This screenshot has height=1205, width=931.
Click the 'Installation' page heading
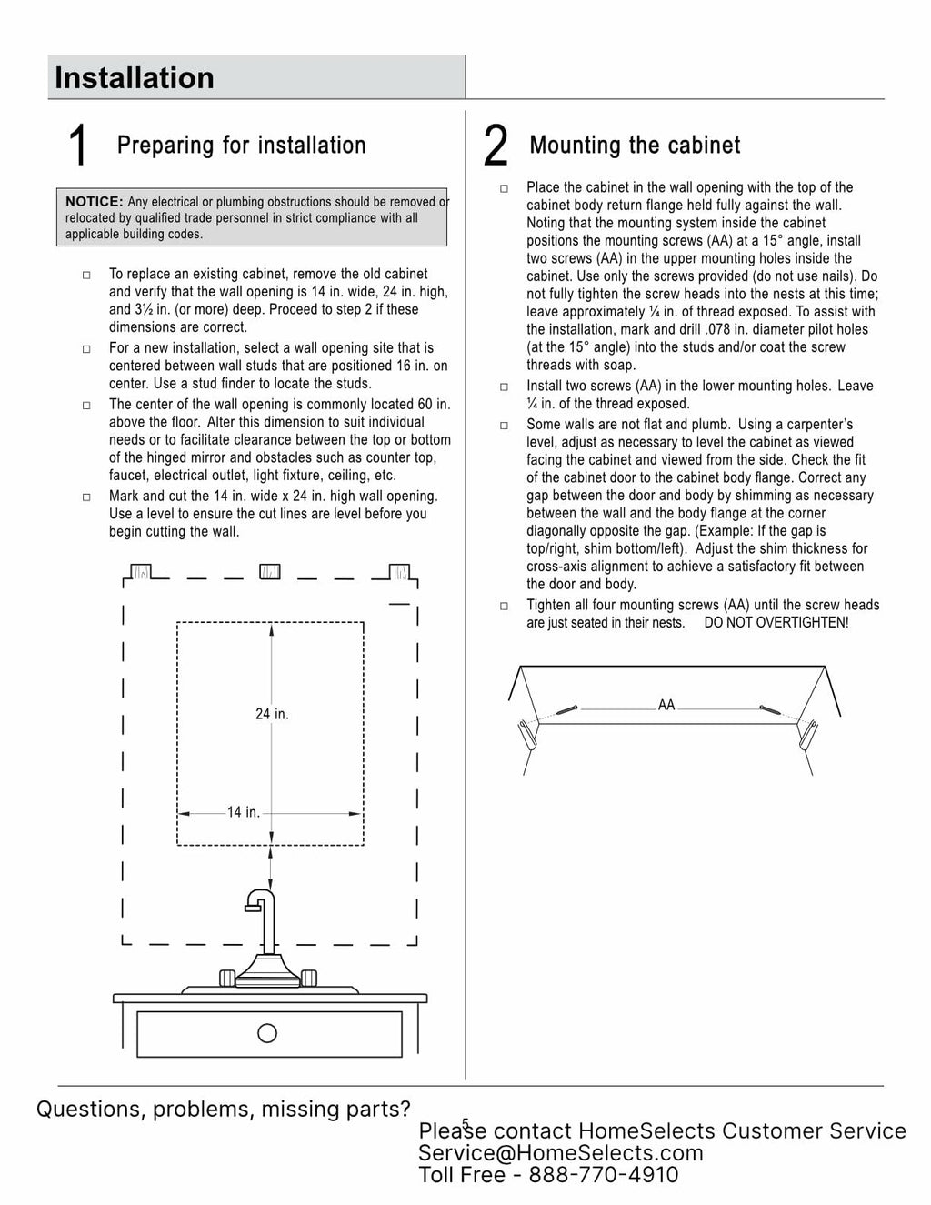tap(135, 78)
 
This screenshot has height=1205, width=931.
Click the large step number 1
tap(78, 146)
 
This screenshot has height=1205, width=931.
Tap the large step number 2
tap(496, 146)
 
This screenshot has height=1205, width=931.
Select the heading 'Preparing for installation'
tap(241, 146)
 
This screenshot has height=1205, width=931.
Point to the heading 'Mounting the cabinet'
tap(635, 146)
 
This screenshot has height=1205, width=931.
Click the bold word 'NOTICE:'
tap(94, 202)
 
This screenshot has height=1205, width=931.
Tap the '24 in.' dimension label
tap(272, 714)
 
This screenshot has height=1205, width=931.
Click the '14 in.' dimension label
tap(243, 812)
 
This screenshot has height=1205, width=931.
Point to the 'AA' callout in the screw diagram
tap(666, 705)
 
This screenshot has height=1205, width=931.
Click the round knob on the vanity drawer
tap(267, 1033)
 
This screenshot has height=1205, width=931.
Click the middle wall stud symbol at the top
tap(270, 572)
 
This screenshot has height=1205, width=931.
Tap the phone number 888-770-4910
tap(604, 1175)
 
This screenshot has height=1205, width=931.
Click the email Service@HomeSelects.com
tap(560, 1153)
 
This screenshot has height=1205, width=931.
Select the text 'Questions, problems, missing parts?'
tap(224, 1110)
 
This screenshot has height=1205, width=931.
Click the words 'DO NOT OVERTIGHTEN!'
tap(776, 623)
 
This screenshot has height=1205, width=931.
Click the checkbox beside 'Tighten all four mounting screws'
tap(505, 606)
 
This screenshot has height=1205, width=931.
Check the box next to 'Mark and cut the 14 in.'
tap(87, 497)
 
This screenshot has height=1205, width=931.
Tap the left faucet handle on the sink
tap(228, 978)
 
